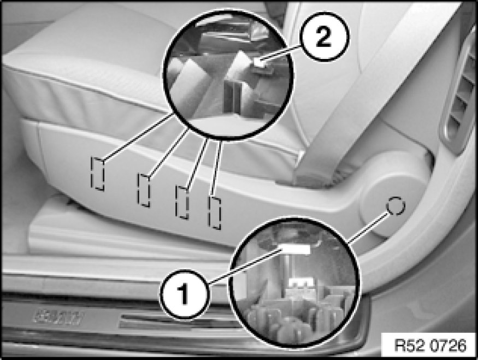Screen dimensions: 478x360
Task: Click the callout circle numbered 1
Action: [184, 294]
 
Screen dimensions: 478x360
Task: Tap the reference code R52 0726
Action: [430, 345]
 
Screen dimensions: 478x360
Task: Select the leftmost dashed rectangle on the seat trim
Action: [98, 174]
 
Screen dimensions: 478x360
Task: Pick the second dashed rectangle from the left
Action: [144, 190]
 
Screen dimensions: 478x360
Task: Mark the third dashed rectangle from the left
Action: [182, 202]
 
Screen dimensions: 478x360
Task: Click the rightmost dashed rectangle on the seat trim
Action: [214, 213]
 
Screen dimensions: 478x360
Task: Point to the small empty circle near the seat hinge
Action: [396, 206]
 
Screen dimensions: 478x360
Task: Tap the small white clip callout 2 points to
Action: [259, 63]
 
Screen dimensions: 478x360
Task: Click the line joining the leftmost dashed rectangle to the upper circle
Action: [138, 137]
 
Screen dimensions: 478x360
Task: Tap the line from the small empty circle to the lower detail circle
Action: [369, 228]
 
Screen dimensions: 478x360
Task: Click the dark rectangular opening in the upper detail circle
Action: [232, 96]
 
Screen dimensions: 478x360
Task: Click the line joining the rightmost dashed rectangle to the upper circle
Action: [216, 169]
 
